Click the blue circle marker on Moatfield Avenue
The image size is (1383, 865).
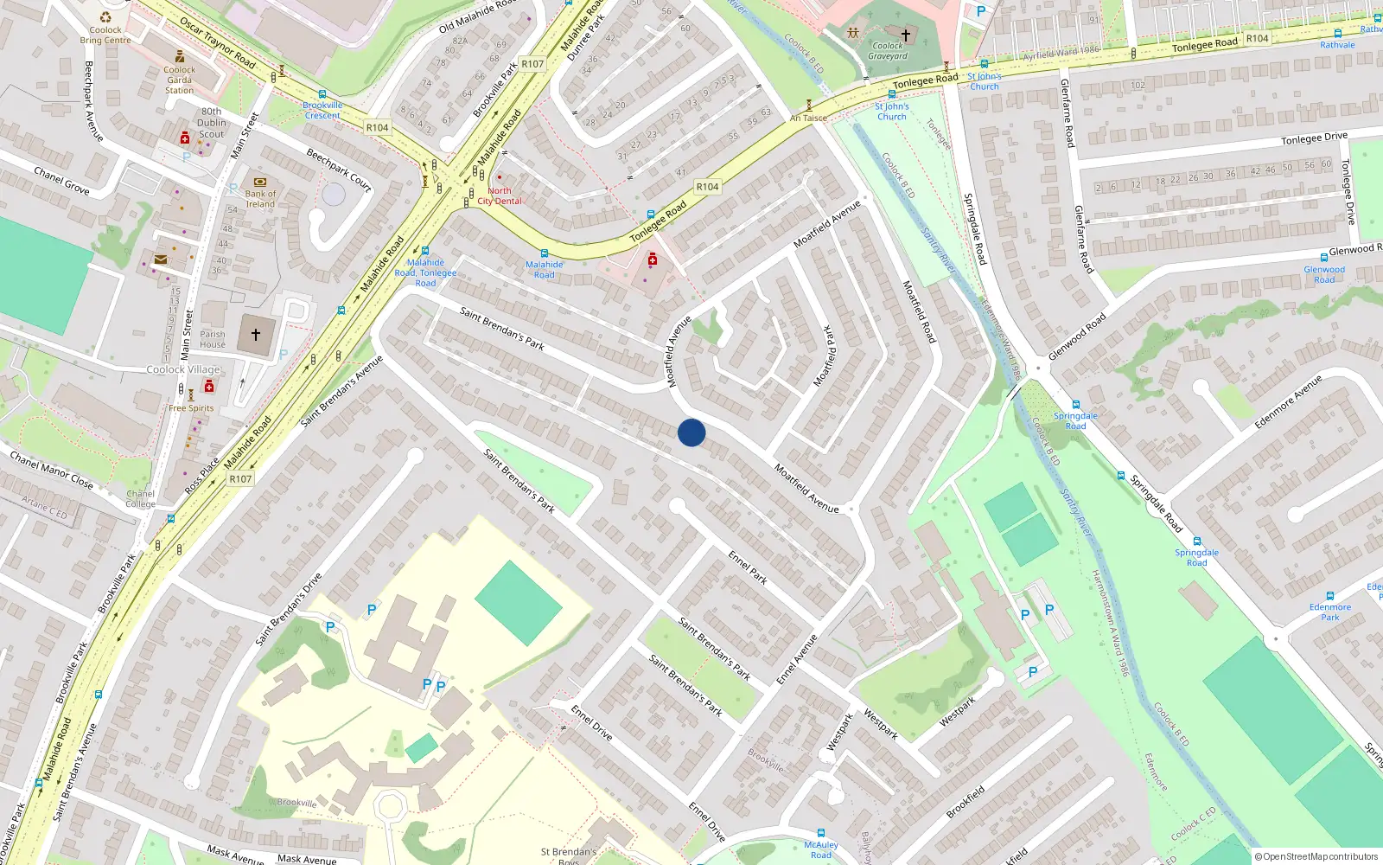[x=691, y=432]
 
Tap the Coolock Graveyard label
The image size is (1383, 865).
[x=888, y=51]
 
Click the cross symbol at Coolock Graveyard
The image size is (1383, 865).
[x=906, y=35]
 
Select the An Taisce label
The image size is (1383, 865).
[x=808, y=118]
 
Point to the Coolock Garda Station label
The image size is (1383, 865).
[x=179, y=80]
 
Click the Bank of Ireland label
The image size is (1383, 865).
[x=260, y=199]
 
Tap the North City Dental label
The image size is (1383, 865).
[x=500, y=196]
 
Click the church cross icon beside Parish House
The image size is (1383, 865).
[x=256, y=334]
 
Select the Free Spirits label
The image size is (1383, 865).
[x=191, y=408]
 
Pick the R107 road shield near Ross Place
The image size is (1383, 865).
[x=240, y=478]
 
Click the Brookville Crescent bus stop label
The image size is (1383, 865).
[x=322, y=110]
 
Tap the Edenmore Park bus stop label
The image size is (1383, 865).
[x=1329, y=612]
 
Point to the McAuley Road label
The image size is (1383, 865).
[x=821, y=849]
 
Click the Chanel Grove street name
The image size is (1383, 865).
[x=61, y=181]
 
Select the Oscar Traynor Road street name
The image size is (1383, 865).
[x=217, y=44]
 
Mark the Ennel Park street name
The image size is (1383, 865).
[x=748, y=568]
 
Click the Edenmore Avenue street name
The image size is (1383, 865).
[x=1288, y=401]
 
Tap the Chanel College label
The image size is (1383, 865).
[x=140, y=499]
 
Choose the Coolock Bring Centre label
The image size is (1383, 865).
[x=105, y=35]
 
